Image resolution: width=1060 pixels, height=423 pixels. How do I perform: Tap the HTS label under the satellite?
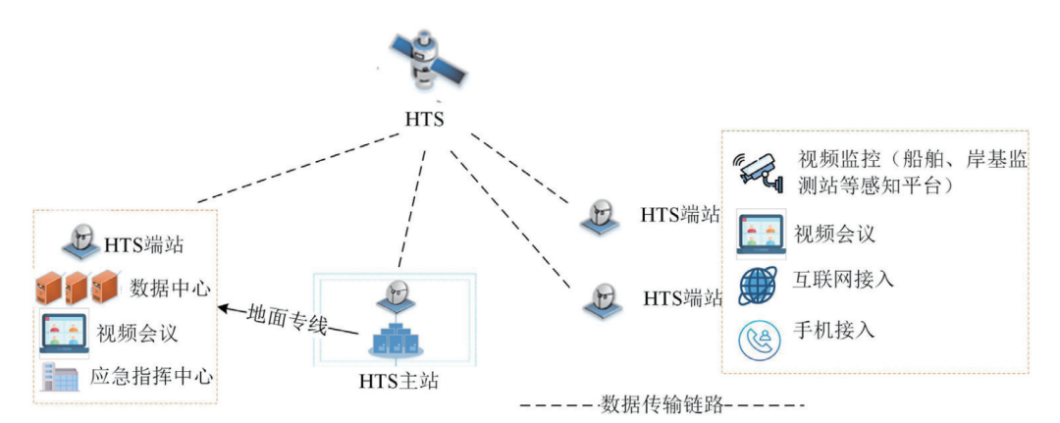click(x=424, y=121)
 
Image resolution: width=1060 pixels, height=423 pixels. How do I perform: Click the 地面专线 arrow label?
click(x=287, y=316)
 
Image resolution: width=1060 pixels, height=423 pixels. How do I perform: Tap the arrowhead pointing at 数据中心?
click(x=223, y=309)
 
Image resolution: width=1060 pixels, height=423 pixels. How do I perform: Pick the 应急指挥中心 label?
click(x=152, y=376)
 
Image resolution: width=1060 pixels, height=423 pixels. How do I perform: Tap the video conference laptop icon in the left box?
click(x=63, y=332)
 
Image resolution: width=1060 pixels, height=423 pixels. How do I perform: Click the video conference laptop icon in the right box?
click(x=760, y=233)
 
